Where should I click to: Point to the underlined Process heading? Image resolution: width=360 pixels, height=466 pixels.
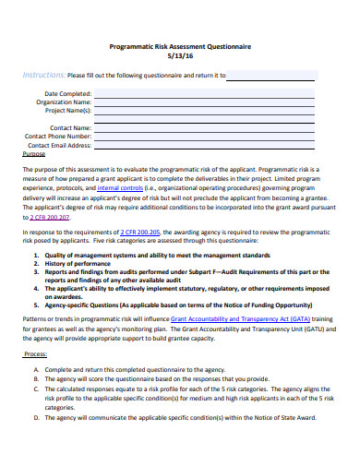pos(35,353)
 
